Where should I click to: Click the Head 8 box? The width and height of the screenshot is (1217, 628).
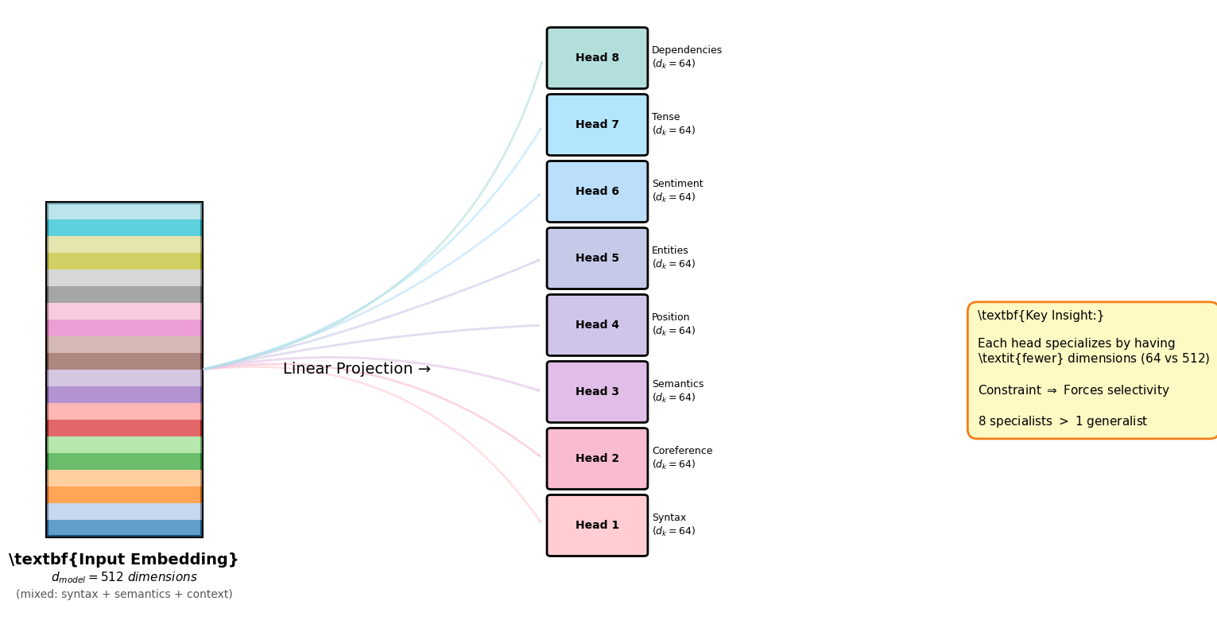coord(597,58)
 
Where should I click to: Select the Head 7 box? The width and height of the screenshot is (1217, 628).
coord(597,125)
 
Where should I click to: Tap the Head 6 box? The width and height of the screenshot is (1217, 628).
coord(597,192)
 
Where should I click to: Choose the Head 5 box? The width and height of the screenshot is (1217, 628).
coord(597,258)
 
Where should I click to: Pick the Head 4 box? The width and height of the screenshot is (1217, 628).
coord(597,325)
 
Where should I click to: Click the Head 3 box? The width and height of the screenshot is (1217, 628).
coord(597,392)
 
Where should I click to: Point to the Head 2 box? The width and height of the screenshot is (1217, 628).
coord(597,459)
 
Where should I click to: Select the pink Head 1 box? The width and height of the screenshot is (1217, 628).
coord(597,525)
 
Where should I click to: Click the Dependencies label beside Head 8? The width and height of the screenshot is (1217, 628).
coord(686,51)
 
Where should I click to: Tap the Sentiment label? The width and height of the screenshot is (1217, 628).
coord(677,184)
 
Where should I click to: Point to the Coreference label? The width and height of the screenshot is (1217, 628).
coord(682,452)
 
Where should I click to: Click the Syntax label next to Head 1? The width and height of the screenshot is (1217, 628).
coord(669,518)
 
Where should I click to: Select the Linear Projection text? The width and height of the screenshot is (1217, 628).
coord(356,370)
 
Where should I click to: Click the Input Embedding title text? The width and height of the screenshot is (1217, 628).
coord(123,560)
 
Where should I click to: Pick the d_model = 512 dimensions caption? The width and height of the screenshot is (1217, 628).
coord(124,578)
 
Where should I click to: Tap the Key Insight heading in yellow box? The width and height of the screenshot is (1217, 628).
coord(1041,316)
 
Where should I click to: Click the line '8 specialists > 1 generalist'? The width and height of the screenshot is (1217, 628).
coord(1062,421)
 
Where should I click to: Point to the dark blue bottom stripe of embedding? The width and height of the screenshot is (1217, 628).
coord(124,528)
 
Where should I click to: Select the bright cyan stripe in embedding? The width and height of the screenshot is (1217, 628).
coord(124,228)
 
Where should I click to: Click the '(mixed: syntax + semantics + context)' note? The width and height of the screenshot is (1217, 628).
coord(124,595)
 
